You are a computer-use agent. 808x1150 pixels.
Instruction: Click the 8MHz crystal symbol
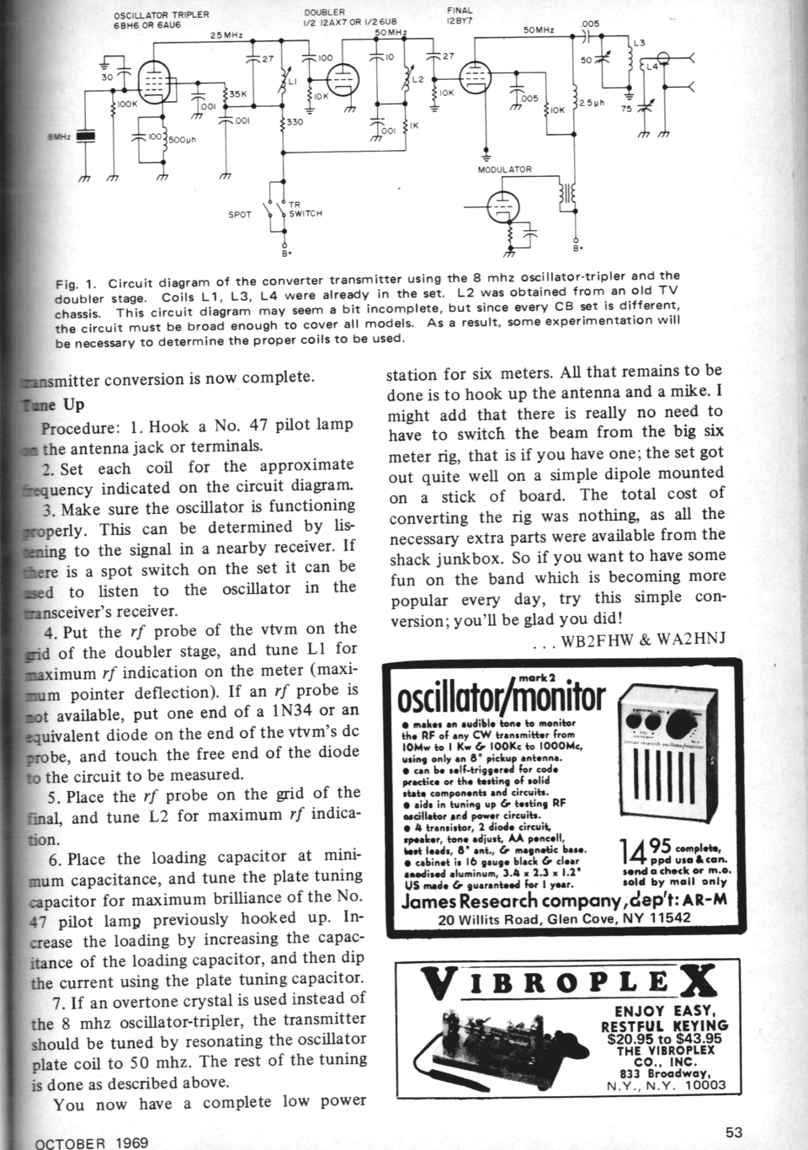click(85, 136)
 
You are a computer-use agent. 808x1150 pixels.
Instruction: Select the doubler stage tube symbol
click(341, 83)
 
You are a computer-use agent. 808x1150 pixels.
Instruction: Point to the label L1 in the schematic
click(292, 80)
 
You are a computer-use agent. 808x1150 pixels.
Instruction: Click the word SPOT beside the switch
click(240, 215)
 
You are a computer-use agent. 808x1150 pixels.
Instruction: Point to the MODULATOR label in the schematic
click(504, 169)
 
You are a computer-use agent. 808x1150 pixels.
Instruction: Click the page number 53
click(734, 1131)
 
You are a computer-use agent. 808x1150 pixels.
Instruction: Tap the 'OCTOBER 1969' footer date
click(92, 1142)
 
